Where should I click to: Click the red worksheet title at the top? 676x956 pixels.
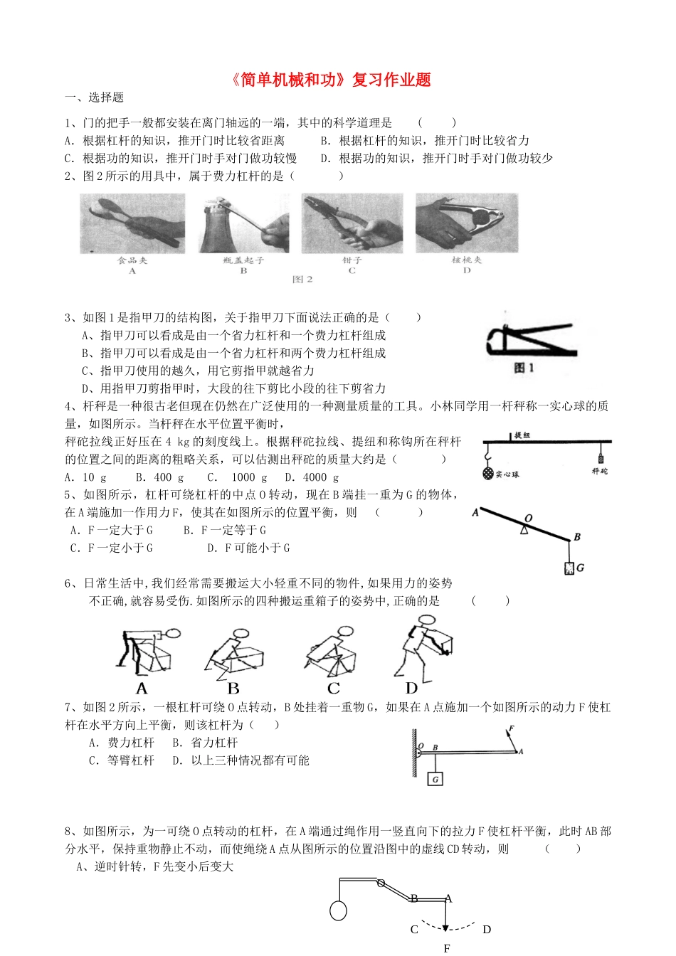tap(332, 80)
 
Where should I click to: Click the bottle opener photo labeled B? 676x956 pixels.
tap(243, 223)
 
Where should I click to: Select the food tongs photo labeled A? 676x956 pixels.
tap(133, 223)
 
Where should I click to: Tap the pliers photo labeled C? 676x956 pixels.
tap(352, 223)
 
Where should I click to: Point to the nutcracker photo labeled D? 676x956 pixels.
tap(467, 222)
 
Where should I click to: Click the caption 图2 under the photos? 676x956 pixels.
tap(302, 280)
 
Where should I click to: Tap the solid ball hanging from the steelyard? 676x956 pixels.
tap(487, 473)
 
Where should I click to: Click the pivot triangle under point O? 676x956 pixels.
tap(524, 530)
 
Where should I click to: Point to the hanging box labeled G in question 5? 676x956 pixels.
tap(569, 568)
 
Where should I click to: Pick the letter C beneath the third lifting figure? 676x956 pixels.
tap(334, 689)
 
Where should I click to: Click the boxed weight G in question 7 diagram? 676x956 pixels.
tap(435, 779)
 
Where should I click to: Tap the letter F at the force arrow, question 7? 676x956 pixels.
tap(512, 729)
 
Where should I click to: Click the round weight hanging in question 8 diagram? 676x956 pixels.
tap(339, 910)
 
